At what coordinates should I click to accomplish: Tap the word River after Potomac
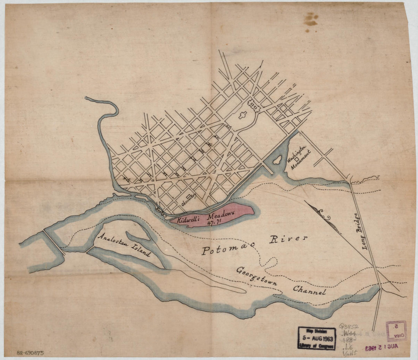point(288,239)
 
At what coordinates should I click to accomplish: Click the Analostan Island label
point(124,245)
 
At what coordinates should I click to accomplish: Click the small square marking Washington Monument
point(296,159)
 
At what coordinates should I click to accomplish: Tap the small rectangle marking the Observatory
point(188,196)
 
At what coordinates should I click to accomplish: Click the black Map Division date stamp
point(317,338)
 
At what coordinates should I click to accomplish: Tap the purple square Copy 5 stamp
point(396,330)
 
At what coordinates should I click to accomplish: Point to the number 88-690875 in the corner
point(30,353)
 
